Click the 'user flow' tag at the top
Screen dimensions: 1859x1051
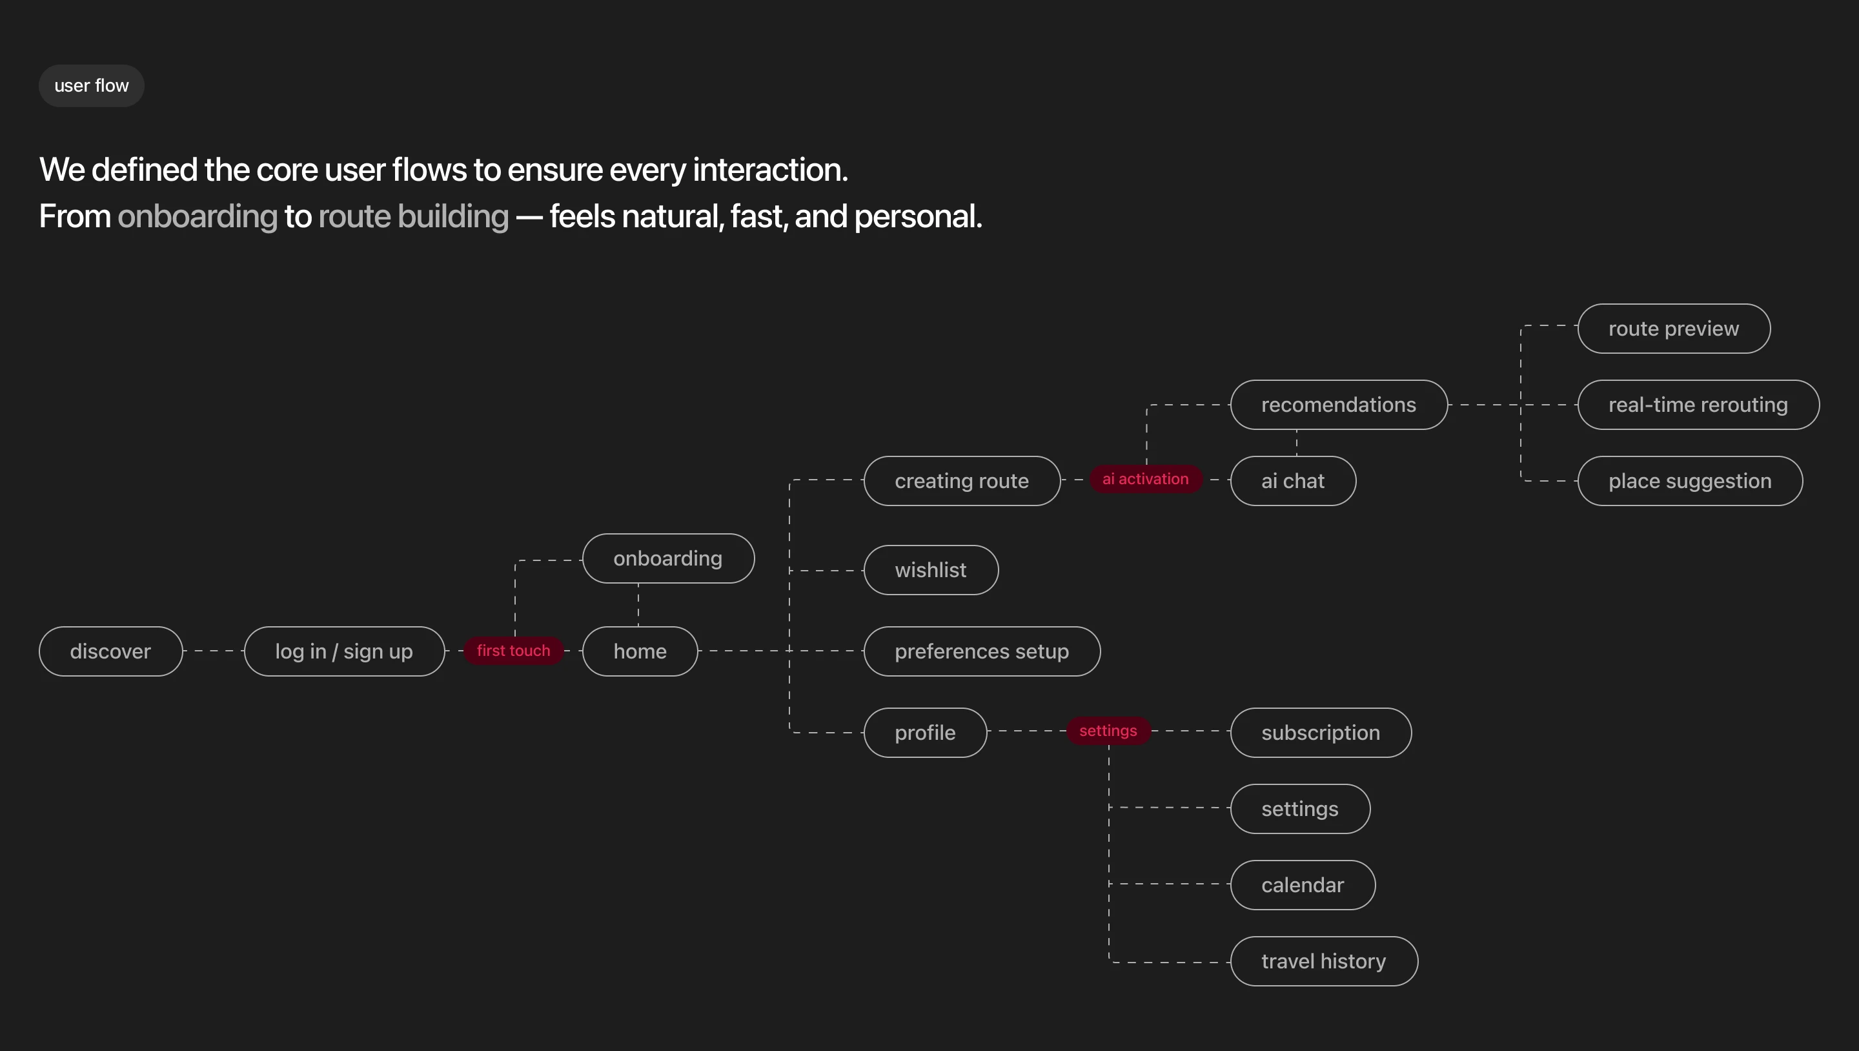92,86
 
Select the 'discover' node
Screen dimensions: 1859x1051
111,651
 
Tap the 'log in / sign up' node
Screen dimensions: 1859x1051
344,651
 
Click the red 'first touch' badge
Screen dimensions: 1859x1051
513,650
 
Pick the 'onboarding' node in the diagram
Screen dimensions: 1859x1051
668,558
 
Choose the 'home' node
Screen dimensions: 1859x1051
640,651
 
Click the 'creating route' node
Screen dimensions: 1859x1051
962,481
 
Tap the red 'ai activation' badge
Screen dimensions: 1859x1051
1145,478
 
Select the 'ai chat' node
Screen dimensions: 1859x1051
1293,481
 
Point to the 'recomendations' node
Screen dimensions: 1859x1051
1339,405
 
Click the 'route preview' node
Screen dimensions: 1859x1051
1674,329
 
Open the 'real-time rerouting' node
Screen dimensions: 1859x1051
1698,405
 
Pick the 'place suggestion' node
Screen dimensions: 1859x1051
1690,481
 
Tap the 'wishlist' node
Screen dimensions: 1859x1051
931,569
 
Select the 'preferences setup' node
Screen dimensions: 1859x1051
982,651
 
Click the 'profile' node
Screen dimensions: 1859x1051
925,733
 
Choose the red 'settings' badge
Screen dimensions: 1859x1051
1108,731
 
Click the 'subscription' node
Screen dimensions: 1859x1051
1321,733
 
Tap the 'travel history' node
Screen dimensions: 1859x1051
1325,961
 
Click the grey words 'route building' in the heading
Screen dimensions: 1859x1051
414,216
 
